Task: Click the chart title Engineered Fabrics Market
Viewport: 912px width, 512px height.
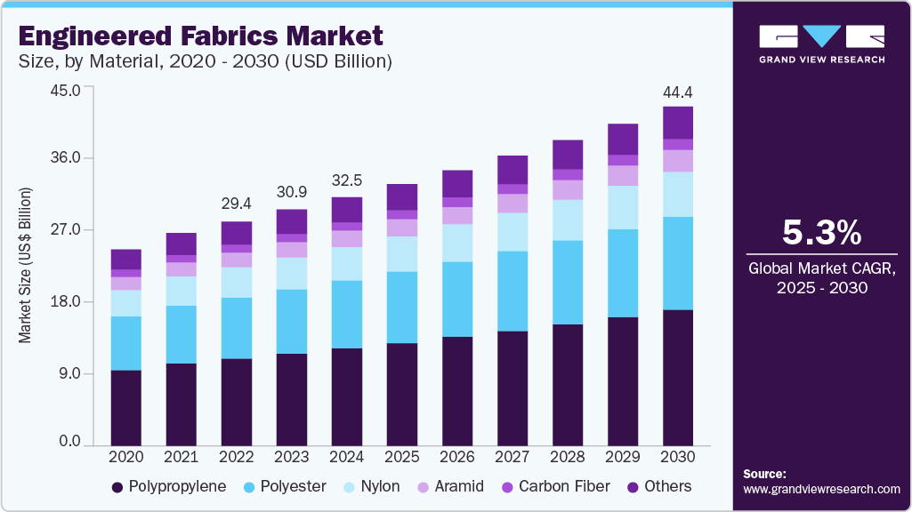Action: tap(200, 36)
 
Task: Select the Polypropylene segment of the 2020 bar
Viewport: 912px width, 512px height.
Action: tap(126, 407)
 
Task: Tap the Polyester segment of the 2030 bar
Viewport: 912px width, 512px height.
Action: tap(678, 263)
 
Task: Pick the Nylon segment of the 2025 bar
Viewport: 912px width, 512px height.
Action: tap(402, 253)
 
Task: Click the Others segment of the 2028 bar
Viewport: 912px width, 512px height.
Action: tap(568, 155)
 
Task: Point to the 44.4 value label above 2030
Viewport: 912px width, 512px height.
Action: tap(678, 92)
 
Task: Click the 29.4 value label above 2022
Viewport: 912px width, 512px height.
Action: tap(237, 204)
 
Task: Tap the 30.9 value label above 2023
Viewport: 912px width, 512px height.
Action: tap(292, 191)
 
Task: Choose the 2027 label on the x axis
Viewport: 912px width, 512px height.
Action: tap(512, 456)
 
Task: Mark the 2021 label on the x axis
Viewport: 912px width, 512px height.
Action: tap(182, 456)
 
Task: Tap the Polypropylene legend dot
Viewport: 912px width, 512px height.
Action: tap(117, 487)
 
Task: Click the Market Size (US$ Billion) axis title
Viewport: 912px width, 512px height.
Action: tap(25, 266)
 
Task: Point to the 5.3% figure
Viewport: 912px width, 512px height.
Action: tap(821, 233)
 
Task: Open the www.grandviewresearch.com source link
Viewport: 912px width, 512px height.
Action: tap(821, 489)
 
